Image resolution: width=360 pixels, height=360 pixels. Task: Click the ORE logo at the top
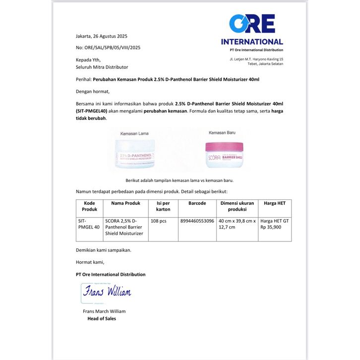pyautogui.click(x=252, y=24)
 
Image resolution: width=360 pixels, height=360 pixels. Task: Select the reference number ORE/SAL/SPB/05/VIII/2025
pyautogui.click(x=108, y=48)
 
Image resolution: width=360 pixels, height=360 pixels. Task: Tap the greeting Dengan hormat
pyautogui.click(x=93, y=91)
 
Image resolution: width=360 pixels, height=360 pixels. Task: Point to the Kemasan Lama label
pyautogui.click(x=135, y=134)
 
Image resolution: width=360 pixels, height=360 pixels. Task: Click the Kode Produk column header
pyautogui.click(x=89, y=206)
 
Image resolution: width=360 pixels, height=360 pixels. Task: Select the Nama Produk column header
pyautogui.click(x=125, y=203)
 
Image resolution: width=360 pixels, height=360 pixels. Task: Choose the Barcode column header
pyautogui.click(x=197, y=203)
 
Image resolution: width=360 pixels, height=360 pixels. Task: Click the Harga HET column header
pyautogui.click(x=275, y=203)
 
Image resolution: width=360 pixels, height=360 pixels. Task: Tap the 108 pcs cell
pyautogui.click(x=158, y=221)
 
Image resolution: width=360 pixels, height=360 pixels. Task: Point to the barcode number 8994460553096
pyautogui.click(x=197, y=221)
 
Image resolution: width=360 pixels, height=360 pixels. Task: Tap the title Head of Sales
pyautogui.click(x=102, y=319)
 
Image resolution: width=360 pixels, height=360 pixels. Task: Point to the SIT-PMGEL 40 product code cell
pyautogui.click(x=89, y=224)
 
